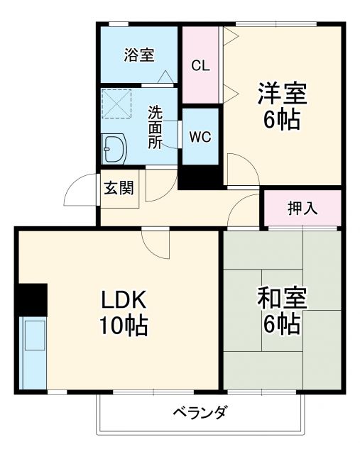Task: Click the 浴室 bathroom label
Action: (x=138, y=55)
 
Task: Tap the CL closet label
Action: (x=200, y=65)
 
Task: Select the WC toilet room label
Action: (x=200, y=136)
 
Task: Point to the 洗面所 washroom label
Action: (x=155, y=126)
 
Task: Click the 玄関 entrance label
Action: (x=119, y=189)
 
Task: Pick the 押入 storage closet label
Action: (x=302, y=209)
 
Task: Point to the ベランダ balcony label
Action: (x=200, y=412)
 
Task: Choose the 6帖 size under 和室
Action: (x=282, y=324)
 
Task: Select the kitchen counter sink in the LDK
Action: (x=32, y=337)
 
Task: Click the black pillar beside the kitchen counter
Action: (x=32, y=299)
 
